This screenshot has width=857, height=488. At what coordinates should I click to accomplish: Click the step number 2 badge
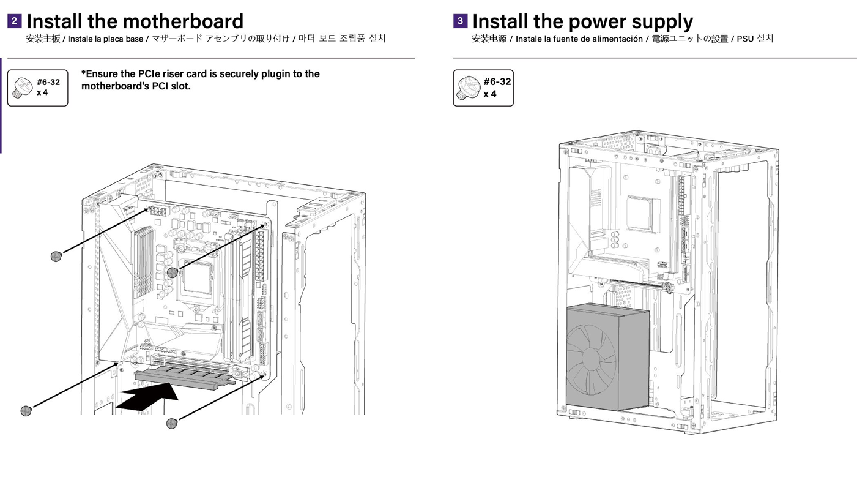point(15,21)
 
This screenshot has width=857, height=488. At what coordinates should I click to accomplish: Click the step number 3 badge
point(460,21)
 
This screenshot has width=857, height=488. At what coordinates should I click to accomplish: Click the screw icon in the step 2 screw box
point(23,88)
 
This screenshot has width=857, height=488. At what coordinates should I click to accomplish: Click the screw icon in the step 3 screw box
point(468,88)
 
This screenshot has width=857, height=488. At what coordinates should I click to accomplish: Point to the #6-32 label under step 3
point(497,81)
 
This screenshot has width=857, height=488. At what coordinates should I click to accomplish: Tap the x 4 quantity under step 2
point(42,93)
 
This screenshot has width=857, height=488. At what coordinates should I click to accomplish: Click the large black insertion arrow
point(147,398)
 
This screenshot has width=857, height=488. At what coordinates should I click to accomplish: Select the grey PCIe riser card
point(184,377)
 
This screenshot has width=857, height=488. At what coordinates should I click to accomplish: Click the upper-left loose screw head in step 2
point(56,256)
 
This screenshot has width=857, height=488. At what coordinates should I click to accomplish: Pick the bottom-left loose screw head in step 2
point(26,410)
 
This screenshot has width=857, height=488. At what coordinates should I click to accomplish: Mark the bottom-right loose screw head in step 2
point(172,423)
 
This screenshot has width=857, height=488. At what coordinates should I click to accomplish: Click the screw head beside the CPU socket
point(173,272)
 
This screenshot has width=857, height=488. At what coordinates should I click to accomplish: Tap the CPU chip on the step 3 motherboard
point(642,214)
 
